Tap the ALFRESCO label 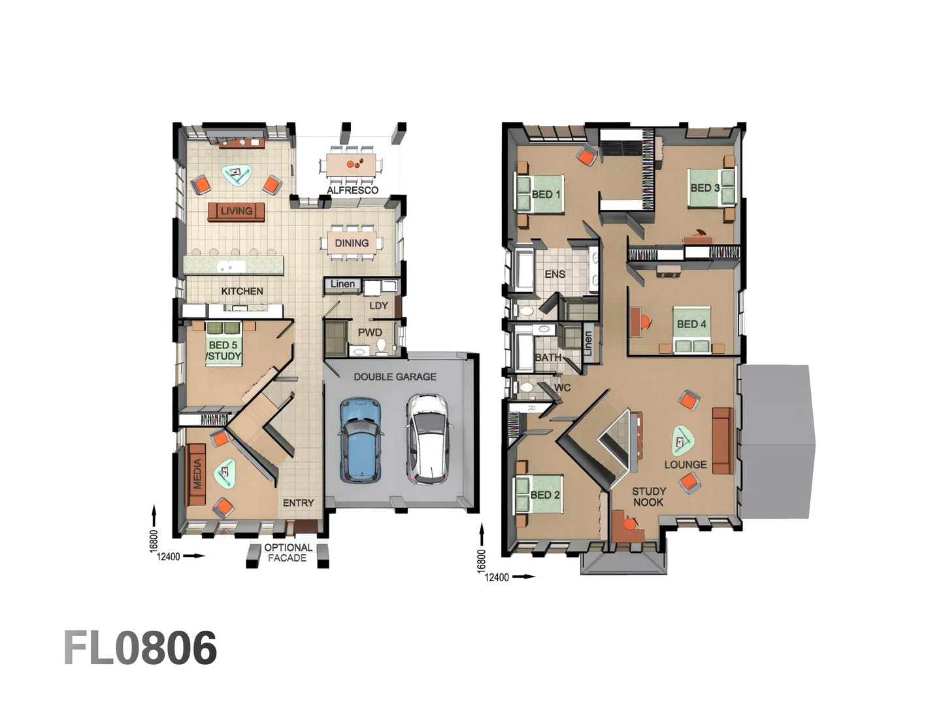coord(352,190)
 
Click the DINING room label coord(352,243)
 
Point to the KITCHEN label coord(242,291)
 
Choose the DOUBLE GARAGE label coord(395,377)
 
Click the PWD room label coord(369,332)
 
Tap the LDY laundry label coord(378,305)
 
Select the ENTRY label coord(298,503)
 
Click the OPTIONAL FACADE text coord(288,552)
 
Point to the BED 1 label coord(546,194)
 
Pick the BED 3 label coord(705,188)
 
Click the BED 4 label coord(691,324)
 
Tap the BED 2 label coord(545,495)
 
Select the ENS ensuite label coord(555,274)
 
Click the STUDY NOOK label coord(648,496)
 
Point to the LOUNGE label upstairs coord(685,464)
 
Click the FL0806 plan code coord(140,648)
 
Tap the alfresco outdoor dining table coord(352,163)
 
